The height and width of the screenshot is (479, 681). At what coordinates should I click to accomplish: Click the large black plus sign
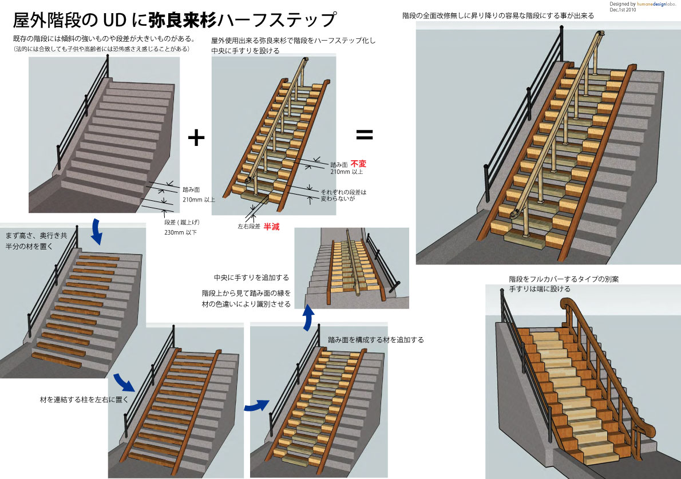click(x=196, y=137)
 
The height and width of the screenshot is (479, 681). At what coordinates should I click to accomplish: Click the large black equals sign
click(x=365, y=135)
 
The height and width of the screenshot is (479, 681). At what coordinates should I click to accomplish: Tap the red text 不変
click(x=358, y=163)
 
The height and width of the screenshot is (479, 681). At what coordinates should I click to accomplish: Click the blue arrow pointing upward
click(x=308, y=319)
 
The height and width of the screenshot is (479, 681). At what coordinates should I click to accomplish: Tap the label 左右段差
click(x=249, y=227)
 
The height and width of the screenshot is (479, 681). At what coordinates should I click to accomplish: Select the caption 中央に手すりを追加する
click(x=251, y=278)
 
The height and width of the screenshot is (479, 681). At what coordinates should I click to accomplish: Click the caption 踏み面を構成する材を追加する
click(x=375, y=340)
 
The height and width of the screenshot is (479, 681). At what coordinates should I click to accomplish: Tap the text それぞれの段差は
click(x=343, y=192)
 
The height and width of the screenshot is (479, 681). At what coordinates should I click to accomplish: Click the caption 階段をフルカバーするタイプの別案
click(x=564, y=279)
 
